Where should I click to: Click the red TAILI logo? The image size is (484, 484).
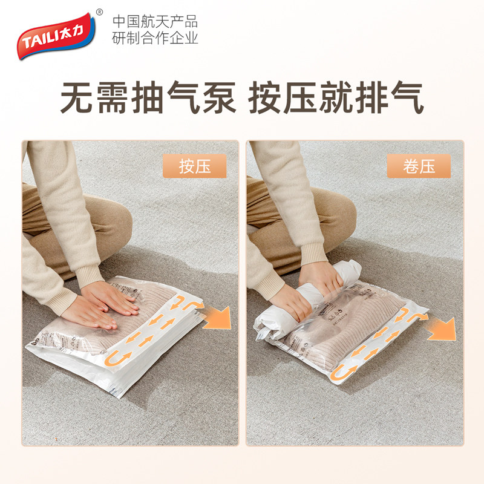pos(51,36)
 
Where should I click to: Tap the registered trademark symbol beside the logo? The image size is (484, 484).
pos(99,12)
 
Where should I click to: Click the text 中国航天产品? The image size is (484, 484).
pos(155,22)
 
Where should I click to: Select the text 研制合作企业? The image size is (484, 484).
pos(155,38)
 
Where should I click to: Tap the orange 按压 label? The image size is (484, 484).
pos(195,166)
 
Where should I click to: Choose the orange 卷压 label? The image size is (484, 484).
pos(419,166)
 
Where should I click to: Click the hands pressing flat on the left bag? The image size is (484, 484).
pos(103,302)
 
